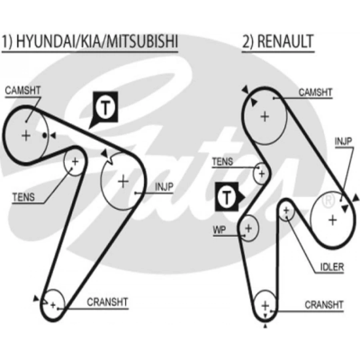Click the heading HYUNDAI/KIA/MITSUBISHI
[90, 42]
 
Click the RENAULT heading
[278, 42]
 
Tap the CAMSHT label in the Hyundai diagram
[23, 91]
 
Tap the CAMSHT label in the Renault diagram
[316, 93]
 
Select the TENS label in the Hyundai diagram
[24, 197]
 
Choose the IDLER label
[332, 267]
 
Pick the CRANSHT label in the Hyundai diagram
[108, 302]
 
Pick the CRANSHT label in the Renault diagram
[324, 305]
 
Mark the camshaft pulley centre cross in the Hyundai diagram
[26, 136]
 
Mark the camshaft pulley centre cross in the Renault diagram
[265, 116]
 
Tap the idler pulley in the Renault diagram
[287, 210]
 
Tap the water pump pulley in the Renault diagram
[249, 228]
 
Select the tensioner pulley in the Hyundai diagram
[75, 162]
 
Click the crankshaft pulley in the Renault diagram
[265, 306]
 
